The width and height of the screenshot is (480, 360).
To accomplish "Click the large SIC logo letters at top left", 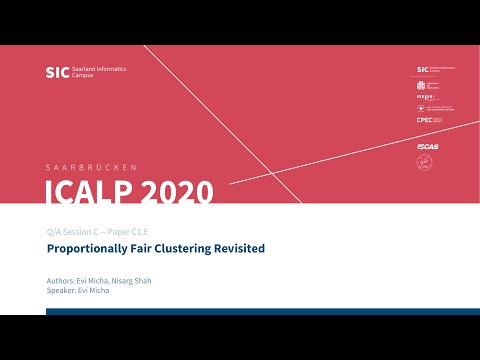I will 58,72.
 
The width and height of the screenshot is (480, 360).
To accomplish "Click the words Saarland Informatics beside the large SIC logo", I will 98,69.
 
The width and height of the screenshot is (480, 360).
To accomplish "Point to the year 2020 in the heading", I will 179,191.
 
